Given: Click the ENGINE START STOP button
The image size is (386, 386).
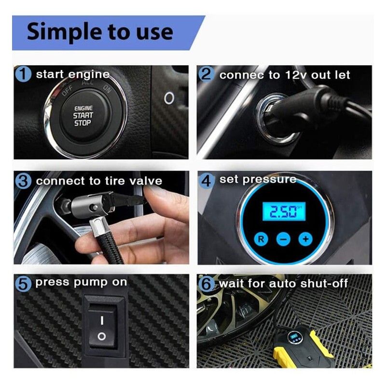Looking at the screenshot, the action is [83, 116].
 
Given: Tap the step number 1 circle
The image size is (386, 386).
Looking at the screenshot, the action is [23, 74].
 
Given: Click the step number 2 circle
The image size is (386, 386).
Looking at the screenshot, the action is [207, 74].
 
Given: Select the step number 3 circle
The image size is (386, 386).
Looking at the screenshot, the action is [23, 181].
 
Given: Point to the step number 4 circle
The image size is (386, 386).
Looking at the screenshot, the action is [207, 180].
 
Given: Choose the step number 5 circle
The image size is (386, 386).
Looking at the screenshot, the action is [23, 284].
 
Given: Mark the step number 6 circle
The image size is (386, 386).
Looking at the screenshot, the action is [207, 284].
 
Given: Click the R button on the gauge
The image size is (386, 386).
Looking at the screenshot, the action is [261, 239].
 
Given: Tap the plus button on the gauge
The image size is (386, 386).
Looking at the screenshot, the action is [305, 239].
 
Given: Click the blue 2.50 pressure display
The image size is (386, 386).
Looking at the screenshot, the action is [284, 212].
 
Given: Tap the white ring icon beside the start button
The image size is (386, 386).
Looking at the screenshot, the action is [169, 98].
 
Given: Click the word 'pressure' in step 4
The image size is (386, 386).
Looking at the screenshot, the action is [269, 179].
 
